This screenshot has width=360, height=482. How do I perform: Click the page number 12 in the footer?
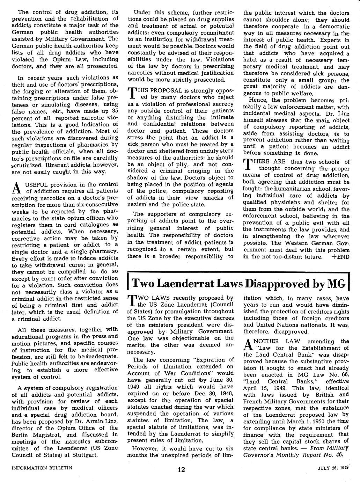coord(181,469)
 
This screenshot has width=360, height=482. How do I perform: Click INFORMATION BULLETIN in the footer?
coord(42,467)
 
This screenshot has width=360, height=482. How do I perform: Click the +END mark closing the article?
coord(340,257)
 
